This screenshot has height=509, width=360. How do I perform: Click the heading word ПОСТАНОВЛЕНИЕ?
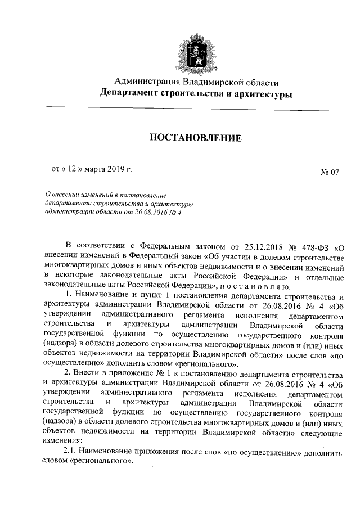pyautogui.click(x=195, y=137)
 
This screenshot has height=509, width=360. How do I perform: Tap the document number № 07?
pyautogui.click(x=330, y=173)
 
